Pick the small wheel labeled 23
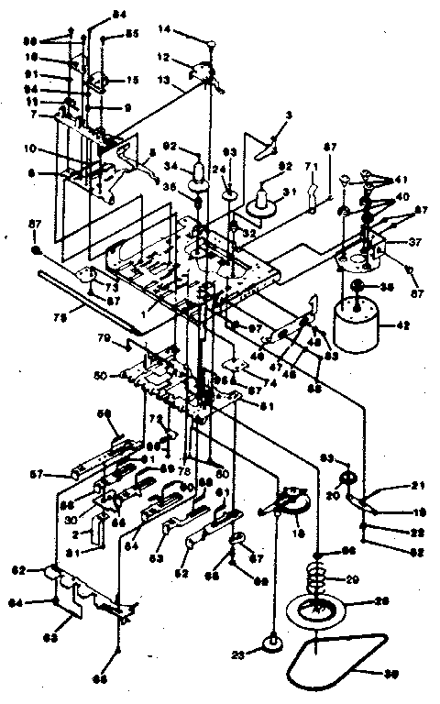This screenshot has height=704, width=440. pyautogui.click(x=273, y=643)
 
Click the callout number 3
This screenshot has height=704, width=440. pyautogui.click(x=288, y=115)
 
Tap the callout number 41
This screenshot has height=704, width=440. pyautogui.click(x=404, y=181)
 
